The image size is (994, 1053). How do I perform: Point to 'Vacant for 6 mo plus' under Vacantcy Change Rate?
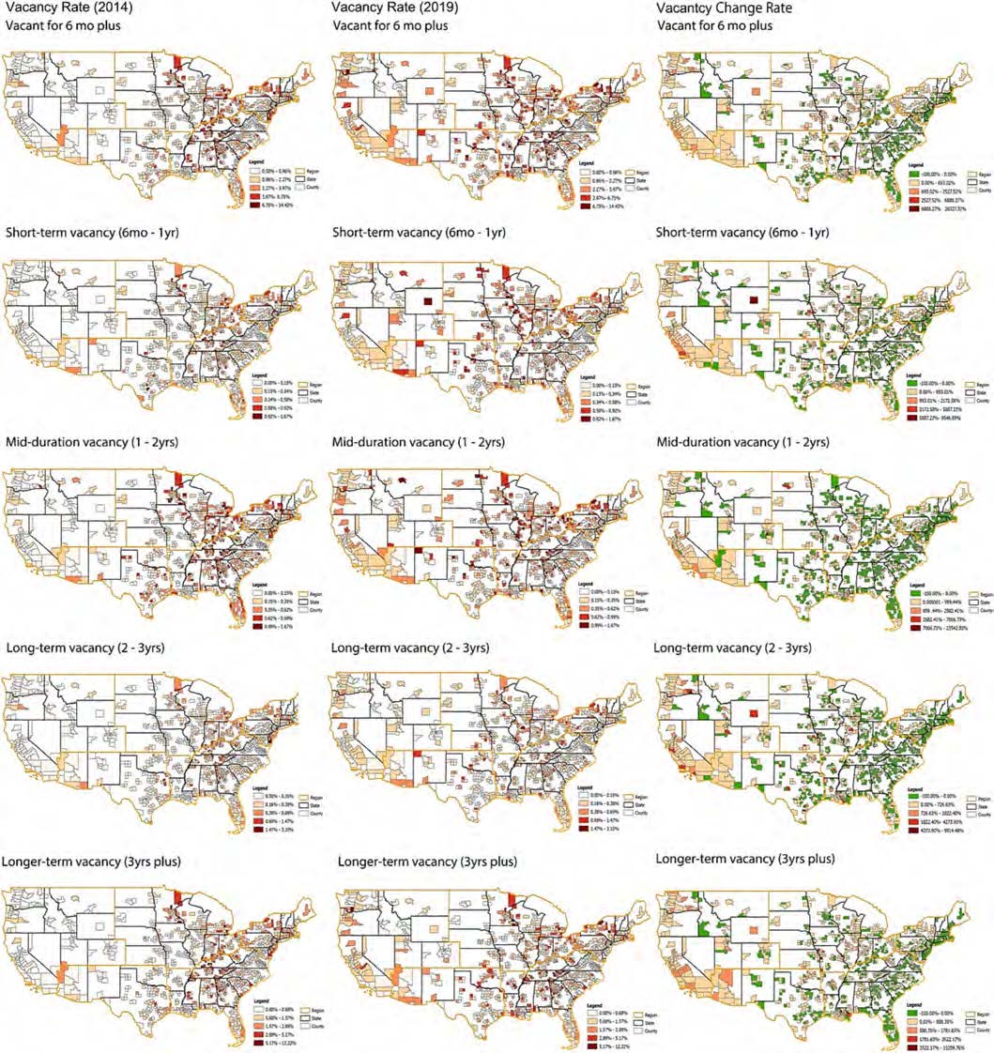[715, 25]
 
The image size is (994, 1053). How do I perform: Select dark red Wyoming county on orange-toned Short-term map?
[427, 302]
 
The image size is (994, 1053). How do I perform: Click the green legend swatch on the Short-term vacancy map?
[916, 384]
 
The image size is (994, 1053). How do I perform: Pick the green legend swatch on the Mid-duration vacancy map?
[916, 593]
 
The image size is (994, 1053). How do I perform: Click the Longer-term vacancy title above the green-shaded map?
[745, 858]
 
